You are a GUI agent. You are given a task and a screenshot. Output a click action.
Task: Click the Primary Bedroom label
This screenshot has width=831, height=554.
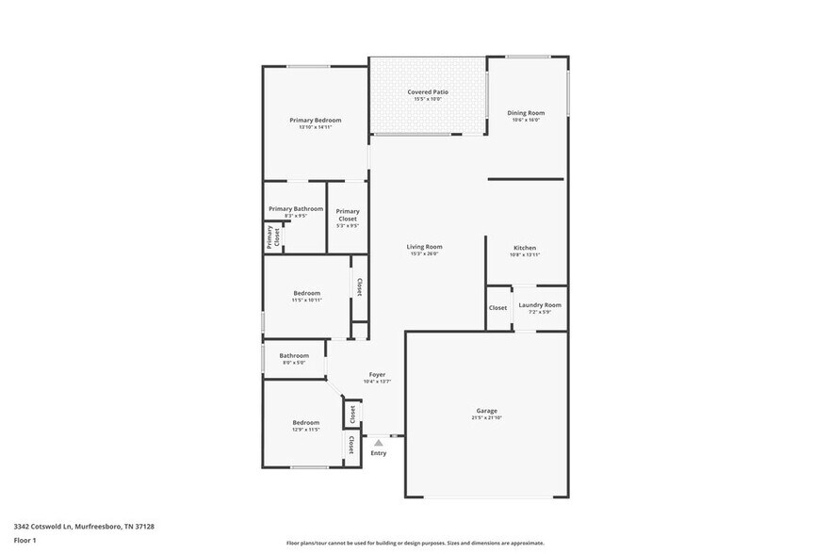tap(315, 121)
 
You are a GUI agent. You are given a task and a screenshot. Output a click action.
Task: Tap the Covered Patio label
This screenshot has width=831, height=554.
tap(428, 92)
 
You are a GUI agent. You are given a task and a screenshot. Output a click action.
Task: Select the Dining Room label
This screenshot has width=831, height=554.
tap(526, 113)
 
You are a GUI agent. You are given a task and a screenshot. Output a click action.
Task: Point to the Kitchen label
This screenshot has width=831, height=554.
tap(524, 248)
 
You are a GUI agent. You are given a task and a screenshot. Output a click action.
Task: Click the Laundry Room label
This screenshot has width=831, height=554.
tap(540, 305)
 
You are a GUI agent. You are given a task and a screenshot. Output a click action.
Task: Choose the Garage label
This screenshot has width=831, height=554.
tap(486, 411)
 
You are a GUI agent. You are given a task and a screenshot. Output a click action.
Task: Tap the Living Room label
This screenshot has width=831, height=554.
tap(426, 247)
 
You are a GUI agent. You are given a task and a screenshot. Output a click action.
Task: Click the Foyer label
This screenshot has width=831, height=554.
tap(377, 375)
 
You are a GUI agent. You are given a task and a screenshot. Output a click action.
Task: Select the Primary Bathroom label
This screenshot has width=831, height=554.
tap(296, 209)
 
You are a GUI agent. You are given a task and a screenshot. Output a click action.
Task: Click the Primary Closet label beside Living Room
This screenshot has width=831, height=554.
tap(348, 215)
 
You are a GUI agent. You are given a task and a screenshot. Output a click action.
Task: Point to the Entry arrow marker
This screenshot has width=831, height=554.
tap(378, 441)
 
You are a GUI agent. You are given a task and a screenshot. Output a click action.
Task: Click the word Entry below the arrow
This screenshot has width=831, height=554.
tap(378, 453)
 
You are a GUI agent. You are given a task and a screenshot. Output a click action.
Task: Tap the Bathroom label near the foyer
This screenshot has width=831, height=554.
tap(294, 355)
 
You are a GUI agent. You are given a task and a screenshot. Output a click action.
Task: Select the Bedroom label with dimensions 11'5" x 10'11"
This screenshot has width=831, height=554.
tap(306, 293)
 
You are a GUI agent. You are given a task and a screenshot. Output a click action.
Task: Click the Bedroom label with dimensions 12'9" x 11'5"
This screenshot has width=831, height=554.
tap(305, 423)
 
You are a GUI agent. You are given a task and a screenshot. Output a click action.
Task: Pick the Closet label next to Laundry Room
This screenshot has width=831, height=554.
tap(497, 308)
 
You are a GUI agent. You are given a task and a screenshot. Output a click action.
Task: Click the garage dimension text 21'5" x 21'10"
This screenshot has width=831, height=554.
tap(486, 417)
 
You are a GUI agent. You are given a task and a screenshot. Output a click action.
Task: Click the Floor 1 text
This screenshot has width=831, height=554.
tap(24, 540)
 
